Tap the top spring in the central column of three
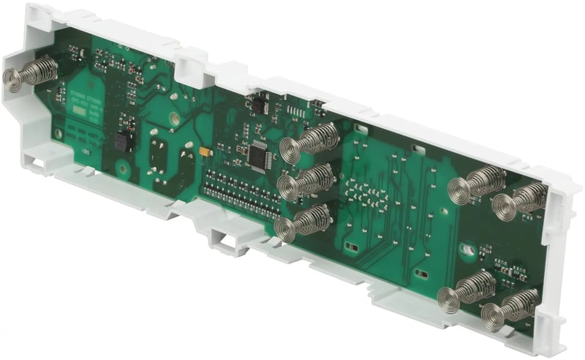pos(311,139)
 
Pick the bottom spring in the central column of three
pos(303,221)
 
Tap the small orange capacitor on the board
pos(205,151)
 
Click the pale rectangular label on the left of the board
pos(86,105)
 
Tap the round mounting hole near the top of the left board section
pos(175,117)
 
